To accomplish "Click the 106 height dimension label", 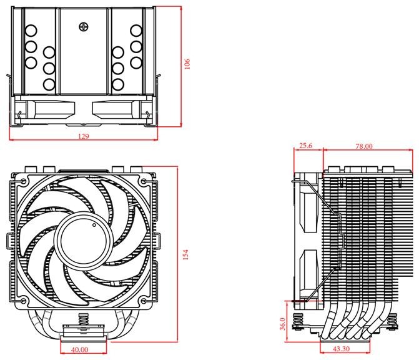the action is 187,64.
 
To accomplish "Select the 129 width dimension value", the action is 84,136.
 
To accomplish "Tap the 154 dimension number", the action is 185,254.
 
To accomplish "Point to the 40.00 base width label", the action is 80,350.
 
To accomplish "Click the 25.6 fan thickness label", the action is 306,146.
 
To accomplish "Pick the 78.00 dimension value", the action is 364,146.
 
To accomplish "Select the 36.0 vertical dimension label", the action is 282,324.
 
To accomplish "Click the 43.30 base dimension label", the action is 341,349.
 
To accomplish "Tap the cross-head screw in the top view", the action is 84,27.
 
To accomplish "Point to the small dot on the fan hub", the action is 94,225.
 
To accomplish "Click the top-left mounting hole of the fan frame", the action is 23,181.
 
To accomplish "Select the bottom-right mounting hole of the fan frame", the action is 143,301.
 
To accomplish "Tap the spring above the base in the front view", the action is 84,319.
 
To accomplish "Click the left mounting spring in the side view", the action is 298,321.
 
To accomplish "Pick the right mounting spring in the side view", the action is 392,321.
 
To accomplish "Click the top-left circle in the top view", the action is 31,31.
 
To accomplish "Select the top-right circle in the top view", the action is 136,31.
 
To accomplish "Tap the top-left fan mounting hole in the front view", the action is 23,181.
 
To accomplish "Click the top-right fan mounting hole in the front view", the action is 143,181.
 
